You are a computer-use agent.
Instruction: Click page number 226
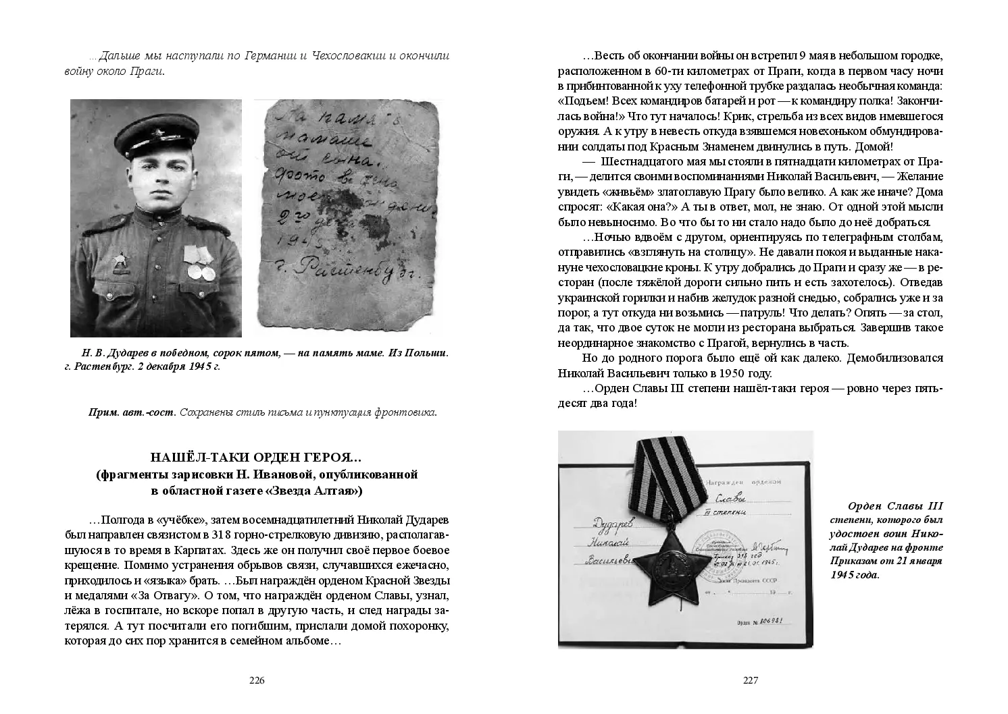point(257,680)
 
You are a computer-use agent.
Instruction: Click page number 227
point(751,680)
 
